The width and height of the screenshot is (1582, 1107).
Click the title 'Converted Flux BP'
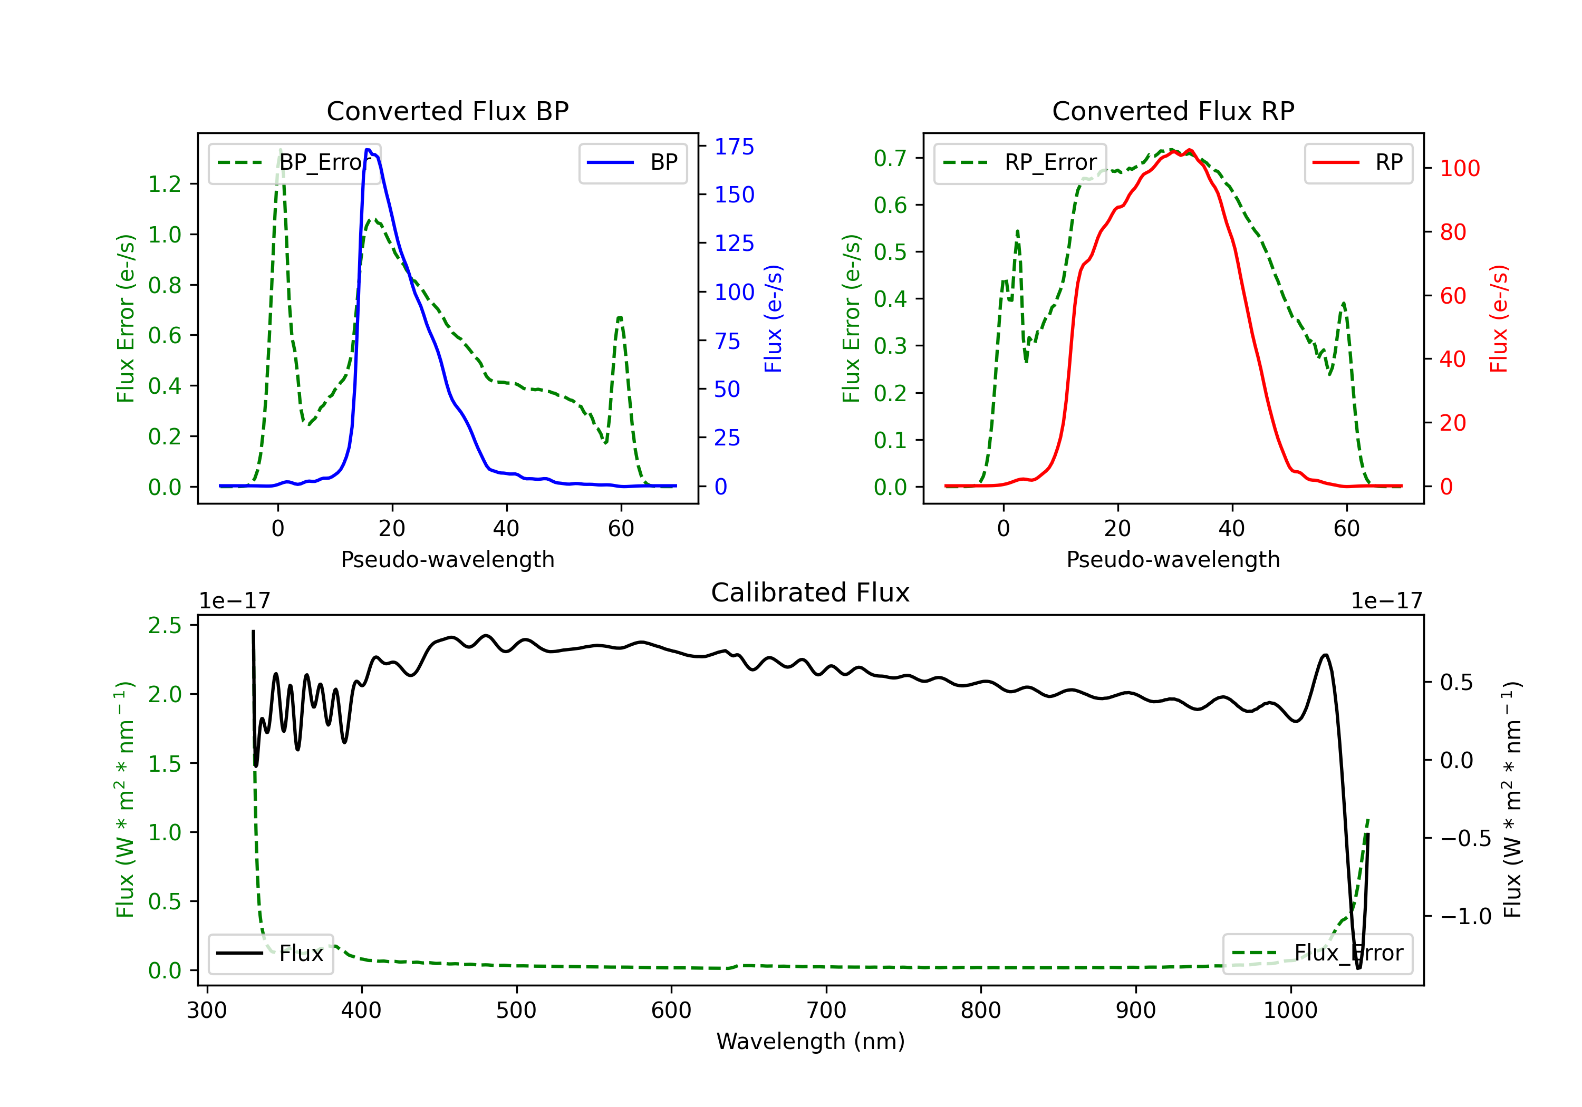click(x=448, y=111)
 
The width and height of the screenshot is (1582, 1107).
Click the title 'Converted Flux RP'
click(x=1173, y=111)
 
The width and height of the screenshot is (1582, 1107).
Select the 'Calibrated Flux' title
click(x=811, y=593)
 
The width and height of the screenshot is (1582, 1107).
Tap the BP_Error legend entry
click(x=294, y=162)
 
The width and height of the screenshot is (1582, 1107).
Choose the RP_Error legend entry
click(x=1020, y=162)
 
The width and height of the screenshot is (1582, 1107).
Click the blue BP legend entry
click(x=632, y=162)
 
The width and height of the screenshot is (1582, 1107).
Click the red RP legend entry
click(x=1358, y=162)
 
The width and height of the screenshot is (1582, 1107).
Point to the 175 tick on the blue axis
click(x=735, y=147)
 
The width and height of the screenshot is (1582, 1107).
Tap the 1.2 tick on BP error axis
click(x=165, y=184)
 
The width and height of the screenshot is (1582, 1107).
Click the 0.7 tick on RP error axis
click(x=890, y=159)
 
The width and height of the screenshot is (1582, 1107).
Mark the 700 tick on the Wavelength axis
click(x=826, y=1011)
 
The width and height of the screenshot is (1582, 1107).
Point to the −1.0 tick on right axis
click(x=1465, y=917)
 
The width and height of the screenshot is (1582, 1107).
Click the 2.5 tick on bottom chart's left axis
click(x=165, y=626)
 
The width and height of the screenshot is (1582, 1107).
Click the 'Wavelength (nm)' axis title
click(x=811, y=1042)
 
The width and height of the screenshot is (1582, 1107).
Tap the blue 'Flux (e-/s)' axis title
click(x=774, y=319)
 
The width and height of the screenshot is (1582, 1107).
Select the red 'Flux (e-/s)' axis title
click(x=1499, y=319)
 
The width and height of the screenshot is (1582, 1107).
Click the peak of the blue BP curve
click(x=368, y=150)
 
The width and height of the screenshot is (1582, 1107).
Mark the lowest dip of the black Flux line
click(x=1359, y=968)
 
